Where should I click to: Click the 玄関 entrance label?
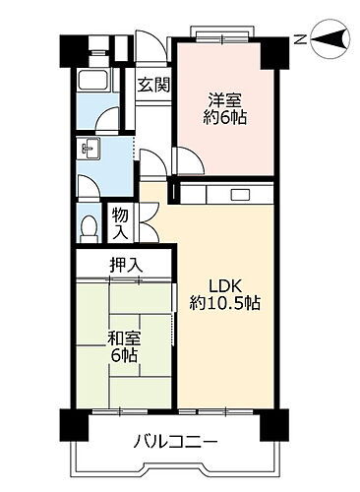click(152, 85)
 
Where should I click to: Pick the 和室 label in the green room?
click(124, 338)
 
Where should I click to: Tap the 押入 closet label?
click(124, 264)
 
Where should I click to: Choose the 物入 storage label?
click(119, 222)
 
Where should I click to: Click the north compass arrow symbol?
click(330, 39)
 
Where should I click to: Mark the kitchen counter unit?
click(226, 194)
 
